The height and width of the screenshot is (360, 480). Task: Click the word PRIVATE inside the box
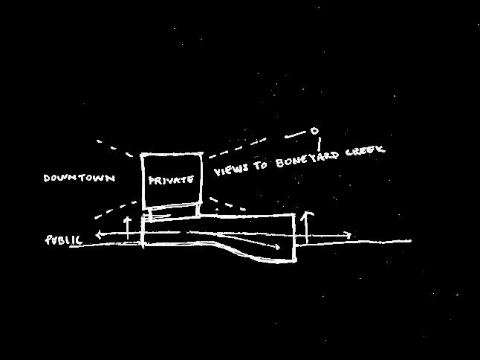click(x=172, y=180)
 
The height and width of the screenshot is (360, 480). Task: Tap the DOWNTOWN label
click(x=79, y=179)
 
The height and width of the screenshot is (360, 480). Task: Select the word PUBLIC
click(x=64, y=240)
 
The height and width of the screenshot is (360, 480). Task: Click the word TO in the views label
click(x=260, y=165)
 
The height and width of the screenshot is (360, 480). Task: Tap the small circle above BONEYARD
click(x=314, y=132)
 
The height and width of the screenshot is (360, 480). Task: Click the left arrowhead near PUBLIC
click(x=99, y=236)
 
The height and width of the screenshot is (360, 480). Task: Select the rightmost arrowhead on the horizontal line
click(x=350, y=236)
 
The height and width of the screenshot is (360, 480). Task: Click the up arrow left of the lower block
click(x=127, y=221)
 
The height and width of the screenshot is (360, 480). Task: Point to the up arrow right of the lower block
click(x=310, y=216)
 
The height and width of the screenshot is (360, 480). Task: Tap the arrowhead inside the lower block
click(x=277, y=246)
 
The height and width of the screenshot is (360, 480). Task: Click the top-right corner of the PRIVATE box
click(x=202, y=154)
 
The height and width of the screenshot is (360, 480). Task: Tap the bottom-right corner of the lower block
click(x=295, y=261)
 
